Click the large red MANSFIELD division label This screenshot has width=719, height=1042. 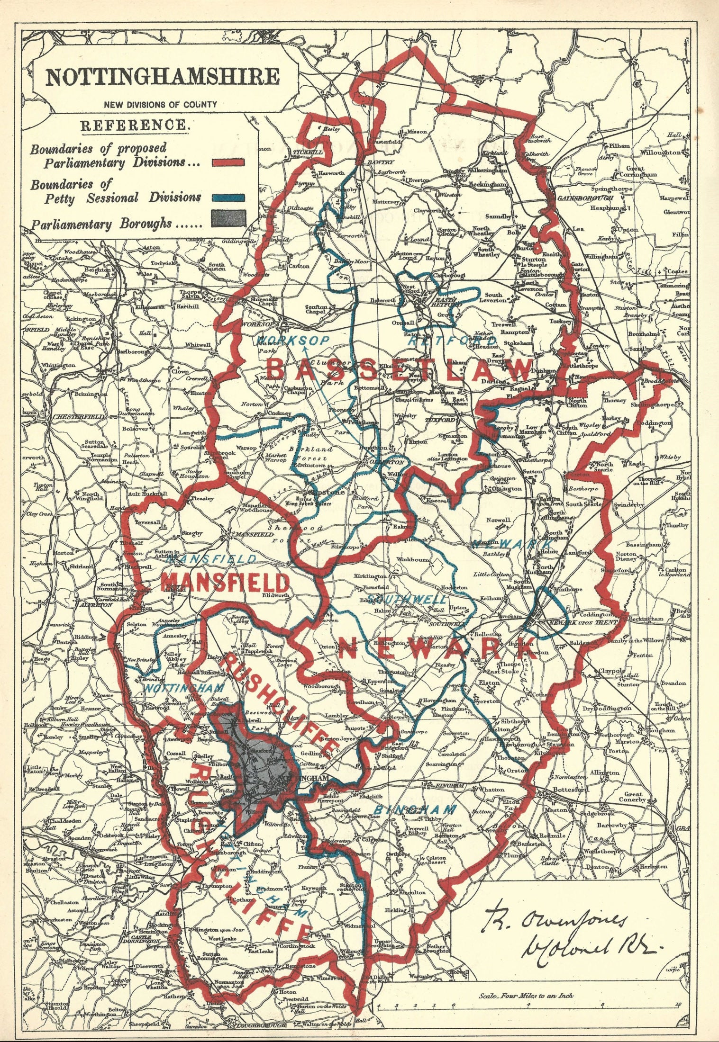tap(225, 582)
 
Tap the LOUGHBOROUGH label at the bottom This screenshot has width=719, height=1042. tap(258, 1034)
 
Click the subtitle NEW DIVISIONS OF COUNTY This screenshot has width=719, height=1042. tap(161, 104)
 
